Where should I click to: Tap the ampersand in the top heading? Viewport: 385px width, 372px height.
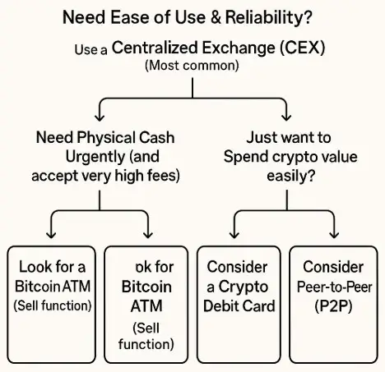[x=216, y=17]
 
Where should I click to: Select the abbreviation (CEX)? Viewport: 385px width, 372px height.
[x=303, y=48]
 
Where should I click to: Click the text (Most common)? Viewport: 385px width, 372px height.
[x=192, y=66]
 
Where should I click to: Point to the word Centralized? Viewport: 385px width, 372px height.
[x=155, y=47]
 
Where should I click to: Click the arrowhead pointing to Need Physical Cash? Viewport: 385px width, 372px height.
[x=100, y=117]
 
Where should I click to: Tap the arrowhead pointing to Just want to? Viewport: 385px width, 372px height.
[x=286, y=117]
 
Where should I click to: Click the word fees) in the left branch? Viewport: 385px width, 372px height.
[x=165, y=176]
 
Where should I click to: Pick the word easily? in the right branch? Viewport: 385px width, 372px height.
[x=290, y=176]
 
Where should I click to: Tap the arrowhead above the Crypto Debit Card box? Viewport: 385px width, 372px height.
[x=234, y=234]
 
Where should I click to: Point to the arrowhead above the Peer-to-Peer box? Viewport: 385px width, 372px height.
[x=334, y=234]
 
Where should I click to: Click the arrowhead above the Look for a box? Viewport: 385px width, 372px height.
[x=51, y=234]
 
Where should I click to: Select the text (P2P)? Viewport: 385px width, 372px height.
[x=333, y=306]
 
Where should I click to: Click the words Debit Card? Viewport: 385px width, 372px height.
[x=239, y=306]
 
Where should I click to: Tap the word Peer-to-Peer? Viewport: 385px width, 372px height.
[x=335, y=287]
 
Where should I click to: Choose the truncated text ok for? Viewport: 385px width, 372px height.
[x=155, y=267]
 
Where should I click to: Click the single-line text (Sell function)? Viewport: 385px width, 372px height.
[x=53, y=305]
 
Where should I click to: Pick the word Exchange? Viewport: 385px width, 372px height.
[x=239, y=48]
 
